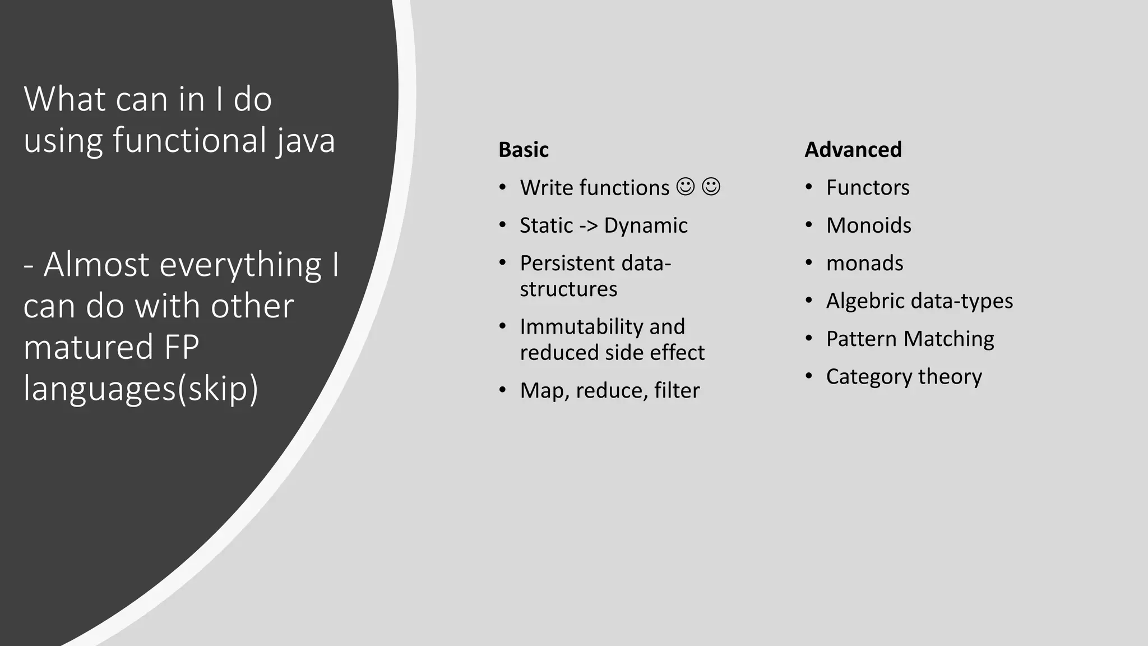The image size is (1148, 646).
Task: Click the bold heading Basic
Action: coord(524,150)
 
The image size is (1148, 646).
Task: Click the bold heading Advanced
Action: coord(853,150)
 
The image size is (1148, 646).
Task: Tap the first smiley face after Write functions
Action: coord(685,187)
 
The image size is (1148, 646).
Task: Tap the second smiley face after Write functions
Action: coord(711,187)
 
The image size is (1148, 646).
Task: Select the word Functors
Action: coord(868,187)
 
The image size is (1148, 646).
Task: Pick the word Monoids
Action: coord(868,225)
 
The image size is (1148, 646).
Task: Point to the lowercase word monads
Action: coord(864,263)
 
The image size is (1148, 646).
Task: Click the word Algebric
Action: coord(862,301)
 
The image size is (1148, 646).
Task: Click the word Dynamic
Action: coord(646,225)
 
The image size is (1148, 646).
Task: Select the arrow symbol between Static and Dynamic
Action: coord(589,226)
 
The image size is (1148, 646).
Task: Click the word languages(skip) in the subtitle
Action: coord(141,388)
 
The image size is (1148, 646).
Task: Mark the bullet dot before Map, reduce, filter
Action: coord(503,390)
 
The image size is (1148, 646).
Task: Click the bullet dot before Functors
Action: coord(809,187)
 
